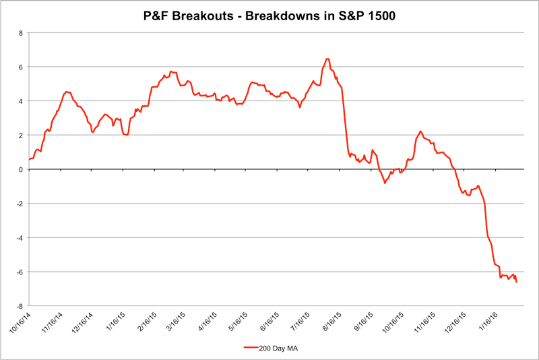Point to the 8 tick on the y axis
pyautogui.click(x=22, y=33)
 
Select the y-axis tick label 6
pyautogui.click(x=22, y=67)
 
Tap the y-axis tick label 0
pyautogui.click(x=22, y=169)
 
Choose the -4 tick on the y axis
pyautogui.click(x=20, y=237)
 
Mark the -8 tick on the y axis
pyautogui.click(x=20, y=305)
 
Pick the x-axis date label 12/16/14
pyautogui.click(x=82, y=323)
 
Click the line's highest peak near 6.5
pyautogui.click(x=327, y=59)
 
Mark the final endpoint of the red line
pyautogui.click(x=517, y=282)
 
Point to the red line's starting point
pyautogui.click(x=29, y=159)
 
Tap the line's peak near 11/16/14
pyautogui.click(x=66, y=92)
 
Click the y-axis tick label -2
pyautogui.click(x=20, y=204)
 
